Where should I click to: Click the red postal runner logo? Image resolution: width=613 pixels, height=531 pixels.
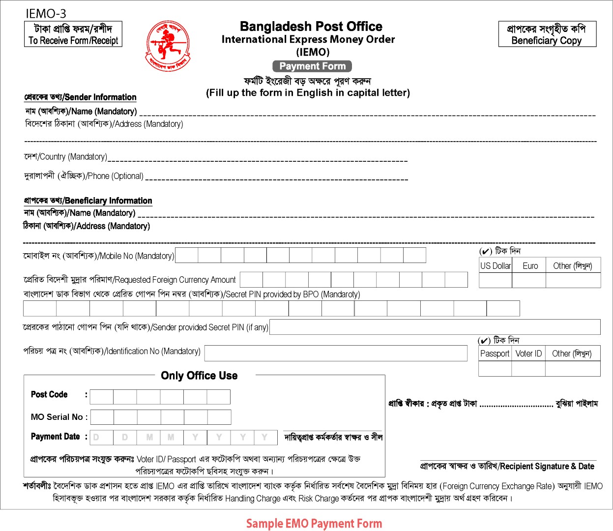tap(167, 46)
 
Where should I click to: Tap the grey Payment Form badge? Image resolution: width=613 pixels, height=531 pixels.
tap(312, 66)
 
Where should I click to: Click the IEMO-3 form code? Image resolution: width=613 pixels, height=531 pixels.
tap(46, 14)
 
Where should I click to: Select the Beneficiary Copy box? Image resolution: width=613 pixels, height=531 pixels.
tap(547, 34)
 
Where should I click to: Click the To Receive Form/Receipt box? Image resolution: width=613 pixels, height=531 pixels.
tap(73, 34)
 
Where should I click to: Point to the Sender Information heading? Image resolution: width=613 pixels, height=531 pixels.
tap(80, 97)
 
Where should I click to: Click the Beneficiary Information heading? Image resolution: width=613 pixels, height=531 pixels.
tap(88, 201)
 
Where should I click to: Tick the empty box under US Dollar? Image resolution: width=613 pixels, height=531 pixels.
tap(495, 280)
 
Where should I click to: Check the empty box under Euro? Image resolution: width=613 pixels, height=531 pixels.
tap(529, 280)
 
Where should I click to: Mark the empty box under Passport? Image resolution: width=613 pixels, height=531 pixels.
tap(496, 368)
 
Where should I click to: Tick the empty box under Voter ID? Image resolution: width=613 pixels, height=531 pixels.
tap(529, 368)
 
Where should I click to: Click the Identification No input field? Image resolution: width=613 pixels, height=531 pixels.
tap(336, 353)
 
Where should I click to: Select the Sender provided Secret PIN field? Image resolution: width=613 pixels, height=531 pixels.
tap(435, 327)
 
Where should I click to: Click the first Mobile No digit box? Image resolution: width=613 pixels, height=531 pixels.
tap(187, 255)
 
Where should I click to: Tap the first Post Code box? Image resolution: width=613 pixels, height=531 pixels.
tap(102, 397)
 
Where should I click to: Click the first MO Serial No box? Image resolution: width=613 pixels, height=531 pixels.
tap(102, 417)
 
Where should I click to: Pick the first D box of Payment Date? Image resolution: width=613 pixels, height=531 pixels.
tap(102, 437)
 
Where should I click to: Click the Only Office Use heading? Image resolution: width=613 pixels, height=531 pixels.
tap(199, 376)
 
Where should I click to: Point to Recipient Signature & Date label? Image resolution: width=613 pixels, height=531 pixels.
tap(507, 466)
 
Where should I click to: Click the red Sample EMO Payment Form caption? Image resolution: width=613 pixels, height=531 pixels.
tap(314, 524)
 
